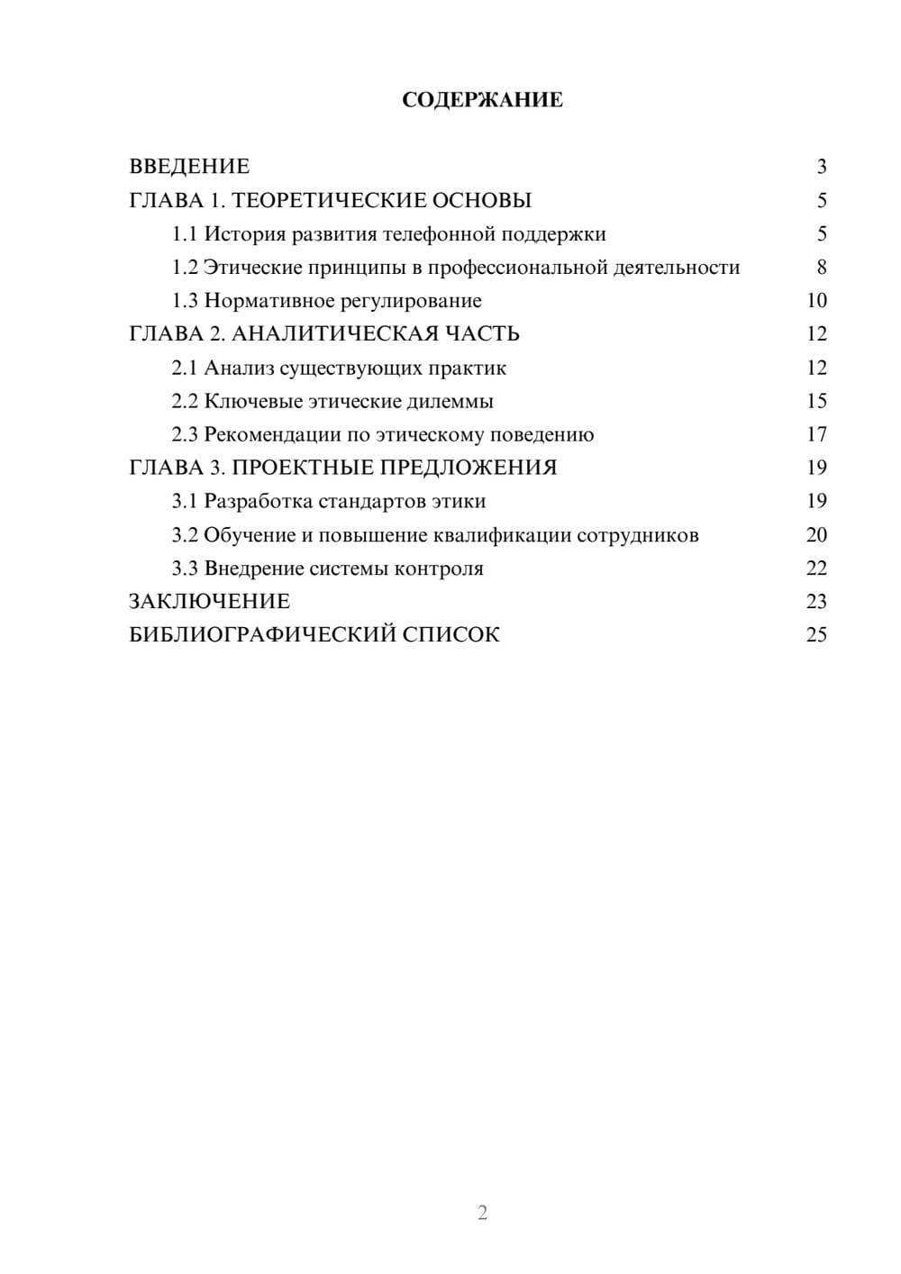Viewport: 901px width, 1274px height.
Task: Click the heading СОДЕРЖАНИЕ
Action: tap(482, 100)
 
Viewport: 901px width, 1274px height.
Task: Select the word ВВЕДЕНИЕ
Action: tap(189, 167)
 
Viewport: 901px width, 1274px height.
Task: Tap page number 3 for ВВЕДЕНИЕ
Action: tap(821, 167)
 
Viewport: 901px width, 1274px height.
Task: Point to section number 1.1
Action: tap(184, 234)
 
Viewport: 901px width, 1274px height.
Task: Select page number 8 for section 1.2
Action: tap(821, 268)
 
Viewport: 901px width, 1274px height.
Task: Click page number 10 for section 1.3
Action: tap(816, 301)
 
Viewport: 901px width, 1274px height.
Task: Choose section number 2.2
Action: tap(184, 402)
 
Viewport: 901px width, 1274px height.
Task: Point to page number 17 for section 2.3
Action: tap(816, 435)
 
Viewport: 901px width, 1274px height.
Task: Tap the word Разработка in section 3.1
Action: tap(258, 502)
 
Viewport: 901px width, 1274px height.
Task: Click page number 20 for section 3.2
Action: tap(816, 535)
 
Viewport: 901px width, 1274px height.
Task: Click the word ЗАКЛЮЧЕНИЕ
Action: tap(209, 602)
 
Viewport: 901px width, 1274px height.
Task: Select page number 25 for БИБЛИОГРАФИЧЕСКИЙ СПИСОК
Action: tap(816, 635)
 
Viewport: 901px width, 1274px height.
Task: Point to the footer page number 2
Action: tap(482, 1213)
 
